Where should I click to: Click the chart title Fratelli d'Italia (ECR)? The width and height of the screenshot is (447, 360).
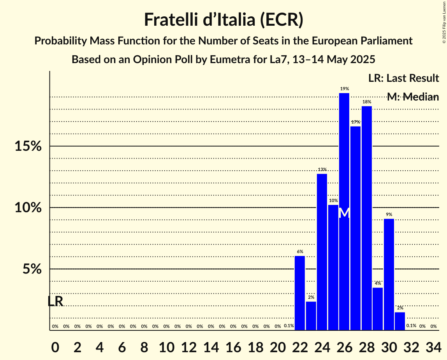click(223, 19)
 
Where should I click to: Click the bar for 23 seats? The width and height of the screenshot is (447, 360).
click(311, 316)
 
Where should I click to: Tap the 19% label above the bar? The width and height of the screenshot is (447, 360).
click(344, 89)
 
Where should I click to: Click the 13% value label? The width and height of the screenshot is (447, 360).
click(322, 169)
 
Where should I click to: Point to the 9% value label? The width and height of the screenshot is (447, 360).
click(389, 214)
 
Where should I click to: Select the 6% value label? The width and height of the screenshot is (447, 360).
click(300, 251)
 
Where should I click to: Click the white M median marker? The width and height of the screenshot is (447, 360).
click(344, 213)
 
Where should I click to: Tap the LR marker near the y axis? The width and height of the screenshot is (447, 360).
click(55, 301)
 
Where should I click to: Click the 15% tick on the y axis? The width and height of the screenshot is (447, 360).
click(28, 146)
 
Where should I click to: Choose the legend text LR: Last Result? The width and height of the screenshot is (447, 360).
click(403, 78)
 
